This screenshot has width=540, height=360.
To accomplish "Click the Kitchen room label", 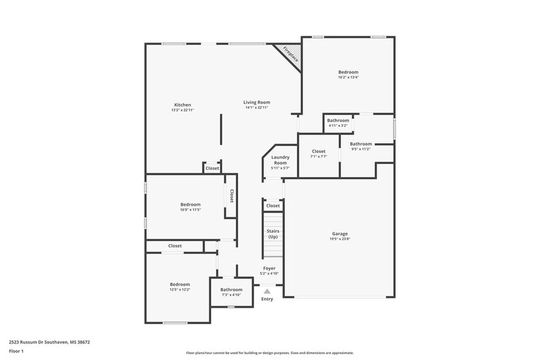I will pos(182,105).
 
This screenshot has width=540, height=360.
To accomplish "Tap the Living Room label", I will pos(257,102).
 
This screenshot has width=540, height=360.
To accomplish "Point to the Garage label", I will pos(340,234).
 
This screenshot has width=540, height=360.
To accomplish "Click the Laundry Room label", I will pos(280,160).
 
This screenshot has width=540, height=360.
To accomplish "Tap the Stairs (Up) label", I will pos(272,233).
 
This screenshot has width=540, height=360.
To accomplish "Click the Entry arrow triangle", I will pos(267,291).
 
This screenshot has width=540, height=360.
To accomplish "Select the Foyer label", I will pos(269,268).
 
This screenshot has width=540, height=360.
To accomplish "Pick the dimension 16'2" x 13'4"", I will pos(348,78).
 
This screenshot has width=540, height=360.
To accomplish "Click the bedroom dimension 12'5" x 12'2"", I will pos(180,290).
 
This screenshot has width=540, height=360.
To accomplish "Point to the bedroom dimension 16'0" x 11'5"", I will pos(190,209).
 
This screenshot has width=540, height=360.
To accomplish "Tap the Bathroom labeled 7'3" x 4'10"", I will pos(231,290).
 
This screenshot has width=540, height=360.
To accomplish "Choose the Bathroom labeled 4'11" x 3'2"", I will pos(338,121).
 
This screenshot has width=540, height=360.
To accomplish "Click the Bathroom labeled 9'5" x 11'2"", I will pos(361,144).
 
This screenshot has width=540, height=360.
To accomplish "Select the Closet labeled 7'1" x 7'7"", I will pos(318,151).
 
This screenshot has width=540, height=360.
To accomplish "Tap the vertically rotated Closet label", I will pos(231,195).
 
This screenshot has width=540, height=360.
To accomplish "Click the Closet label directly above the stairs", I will pos(273,206).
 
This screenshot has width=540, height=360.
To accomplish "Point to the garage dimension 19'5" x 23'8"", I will pos(340,239).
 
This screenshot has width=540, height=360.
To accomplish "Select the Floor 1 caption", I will pos(17,351).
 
